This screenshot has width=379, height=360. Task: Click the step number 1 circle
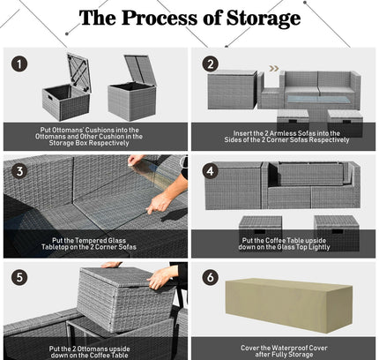[19, 64]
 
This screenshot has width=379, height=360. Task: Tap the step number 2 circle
[211, 64]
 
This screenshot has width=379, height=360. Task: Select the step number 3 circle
[19, 171]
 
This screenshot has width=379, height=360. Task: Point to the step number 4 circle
[211, 171]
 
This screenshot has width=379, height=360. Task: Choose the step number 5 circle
[19, 278]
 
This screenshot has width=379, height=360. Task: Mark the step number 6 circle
[211, 277]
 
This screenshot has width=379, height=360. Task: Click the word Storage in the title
[264, 19]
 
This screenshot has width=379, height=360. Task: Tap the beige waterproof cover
[289, 305]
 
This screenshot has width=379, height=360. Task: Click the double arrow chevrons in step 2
[274, 69]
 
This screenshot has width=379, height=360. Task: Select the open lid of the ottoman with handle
[78, 72]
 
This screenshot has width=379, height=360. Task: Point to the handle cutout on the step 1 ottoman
[48, 96]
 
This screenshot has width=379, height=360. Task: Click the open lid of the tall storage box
[140, 70]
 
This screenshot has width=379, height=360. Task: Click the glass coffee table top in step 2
[318, 99]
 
